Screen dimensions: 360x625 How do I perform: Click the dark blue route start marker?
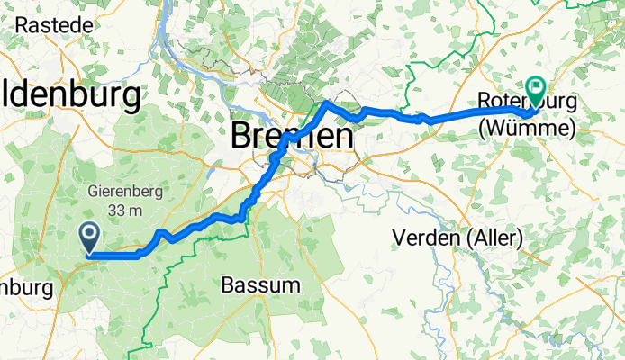point(91,238)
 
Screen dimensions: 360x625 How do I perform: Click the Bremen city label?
point(291,137)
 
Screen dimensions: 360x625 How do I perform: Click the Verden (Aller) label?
point(459,238)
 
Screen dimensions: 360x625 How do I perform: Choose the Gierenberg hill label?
point(125,192)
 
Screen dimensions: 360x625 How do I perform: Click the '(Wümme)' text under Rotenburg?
point(527,130)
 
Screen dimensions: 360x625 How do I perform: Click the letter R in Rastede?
point(22,24)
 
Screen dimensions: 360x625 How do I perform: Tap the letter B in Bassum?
point(227,285)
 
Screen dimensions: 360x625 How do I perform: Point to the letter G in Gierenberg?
point(93,192)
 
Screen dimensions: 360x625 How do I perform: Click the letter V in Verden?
point(402,238)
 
